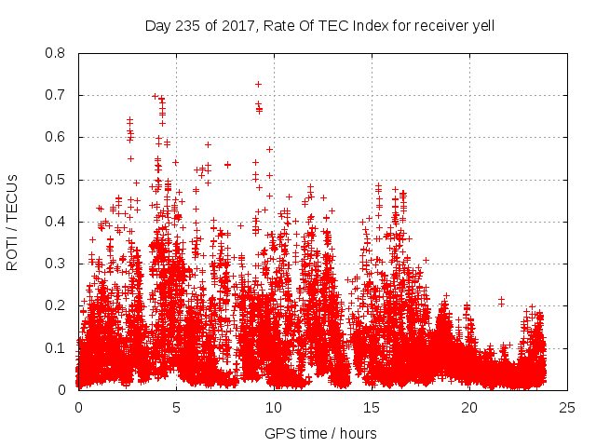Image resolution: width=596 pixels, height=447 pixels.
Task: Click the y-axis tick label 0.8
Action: tap(57, 53)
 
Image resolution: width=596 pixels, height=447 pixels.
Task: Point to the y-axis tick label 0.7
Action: tap(57, 95)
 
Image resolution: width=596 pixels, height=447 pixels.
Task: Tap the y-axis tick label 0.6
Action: tap(57, 137)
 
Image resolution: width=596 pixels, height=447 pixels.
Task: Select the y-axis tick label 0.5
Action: tap(57, 180)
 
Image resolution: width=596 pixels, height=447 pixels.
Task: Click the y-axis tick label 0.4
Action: tap(57, 222)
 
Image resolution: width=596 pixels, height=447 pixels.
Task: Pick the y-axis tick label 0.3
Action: tap(57, 264)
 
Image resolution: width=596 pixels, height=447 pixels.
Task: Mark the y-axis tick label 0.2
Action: tap(57, 305)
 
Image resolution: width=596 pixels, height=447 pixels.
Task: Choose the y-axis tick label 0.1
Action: tap(57, 348)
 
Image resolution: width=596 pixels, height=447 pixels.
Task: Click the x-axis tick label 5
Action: tap(176, 407)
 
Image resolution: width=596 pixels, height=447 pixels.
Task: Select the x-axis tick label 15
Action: tap(372, 407)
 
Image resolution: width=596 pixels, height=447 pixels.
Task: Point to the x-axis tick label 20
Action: tap(469, 407)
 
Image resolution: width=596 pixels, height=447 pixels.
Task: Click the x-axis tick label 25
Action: tap(567, 407)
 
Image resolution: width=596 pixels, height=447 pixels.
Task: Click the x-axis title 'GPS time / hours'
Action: tap(320, 433)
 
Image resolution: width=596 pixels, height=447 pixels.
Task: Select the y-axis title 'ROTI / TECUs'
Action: tap(13, 222)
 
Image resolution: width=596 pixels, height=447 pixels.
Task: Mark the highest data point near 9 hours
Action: tap(258, 84)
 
